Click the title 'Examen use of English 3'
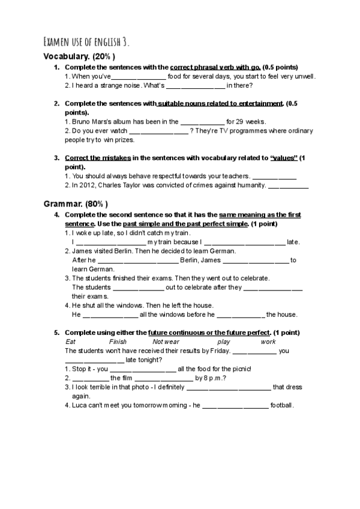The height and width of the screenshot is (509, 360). point(86,42)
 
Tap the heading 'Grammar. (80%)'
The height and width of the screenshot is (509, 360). point(76,204)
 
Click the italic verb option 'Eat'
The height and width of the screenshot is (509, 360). point(70,342)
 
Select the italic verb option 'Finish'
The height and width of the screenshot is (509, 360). point(118,342)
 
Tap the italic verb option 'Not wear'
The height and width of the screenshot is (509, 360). point(166,342)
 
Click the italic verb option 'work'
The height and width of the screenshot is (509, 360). point(268,342)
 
